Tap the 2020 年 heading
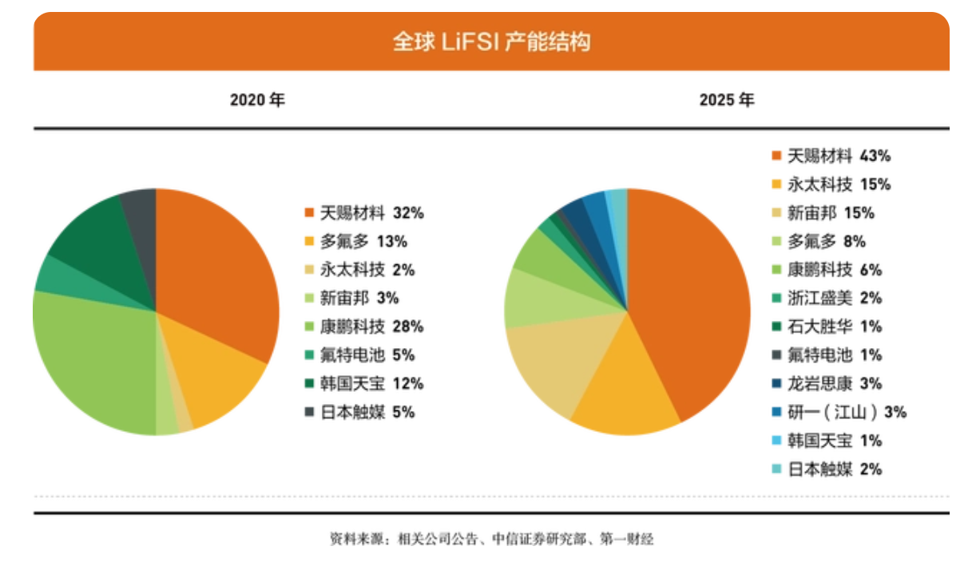[257, 101]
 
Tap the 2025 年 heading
[726, 101]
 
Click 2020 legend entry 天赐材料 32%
[364, 213]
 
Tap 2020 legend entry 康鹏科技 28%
[364, 327]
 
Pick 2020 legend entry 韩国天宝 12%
[364, 383]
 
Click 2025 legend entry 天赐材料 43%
[831, 156]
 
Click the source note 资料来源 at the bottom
[491, 539]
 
